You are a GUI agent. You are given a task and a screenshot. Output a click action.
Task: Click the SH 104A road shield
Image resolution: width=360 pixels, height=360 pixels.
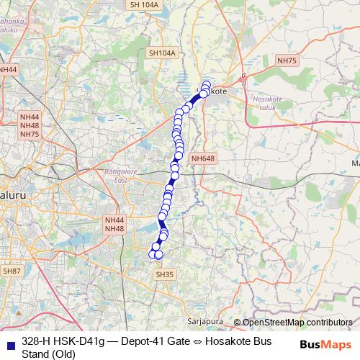(x=144, y=4)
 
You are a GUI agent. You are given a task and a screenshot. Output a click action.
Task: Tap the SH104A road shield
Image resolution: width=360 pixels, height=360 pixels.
(x=161, y=53)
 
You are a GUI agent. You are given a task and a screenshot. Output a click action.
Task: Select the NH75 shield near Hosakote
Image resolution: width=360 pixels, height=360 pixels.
(x=287, y=61)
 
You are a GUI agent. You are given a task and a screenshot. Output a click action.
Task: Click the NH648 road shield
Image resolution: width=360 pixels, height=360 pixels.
(x=203, y=158)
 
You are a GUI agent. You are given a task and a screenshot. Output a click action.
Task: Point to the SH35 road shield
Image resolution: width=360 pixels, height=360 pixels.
(x=165, y=274)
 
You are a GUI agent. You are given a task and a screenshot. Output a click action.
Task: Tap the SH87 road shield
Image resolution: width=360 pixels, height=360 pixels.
(x=11, y=271)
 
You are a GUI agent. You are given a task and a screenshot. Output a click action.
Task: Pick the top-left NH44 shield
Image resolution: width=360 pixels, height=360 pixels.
(x=8, y=69)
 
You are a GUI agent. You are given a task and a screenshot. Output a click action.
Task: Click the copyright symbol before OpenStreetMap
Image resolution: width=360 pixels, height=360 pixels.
(x=237, y=323)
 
